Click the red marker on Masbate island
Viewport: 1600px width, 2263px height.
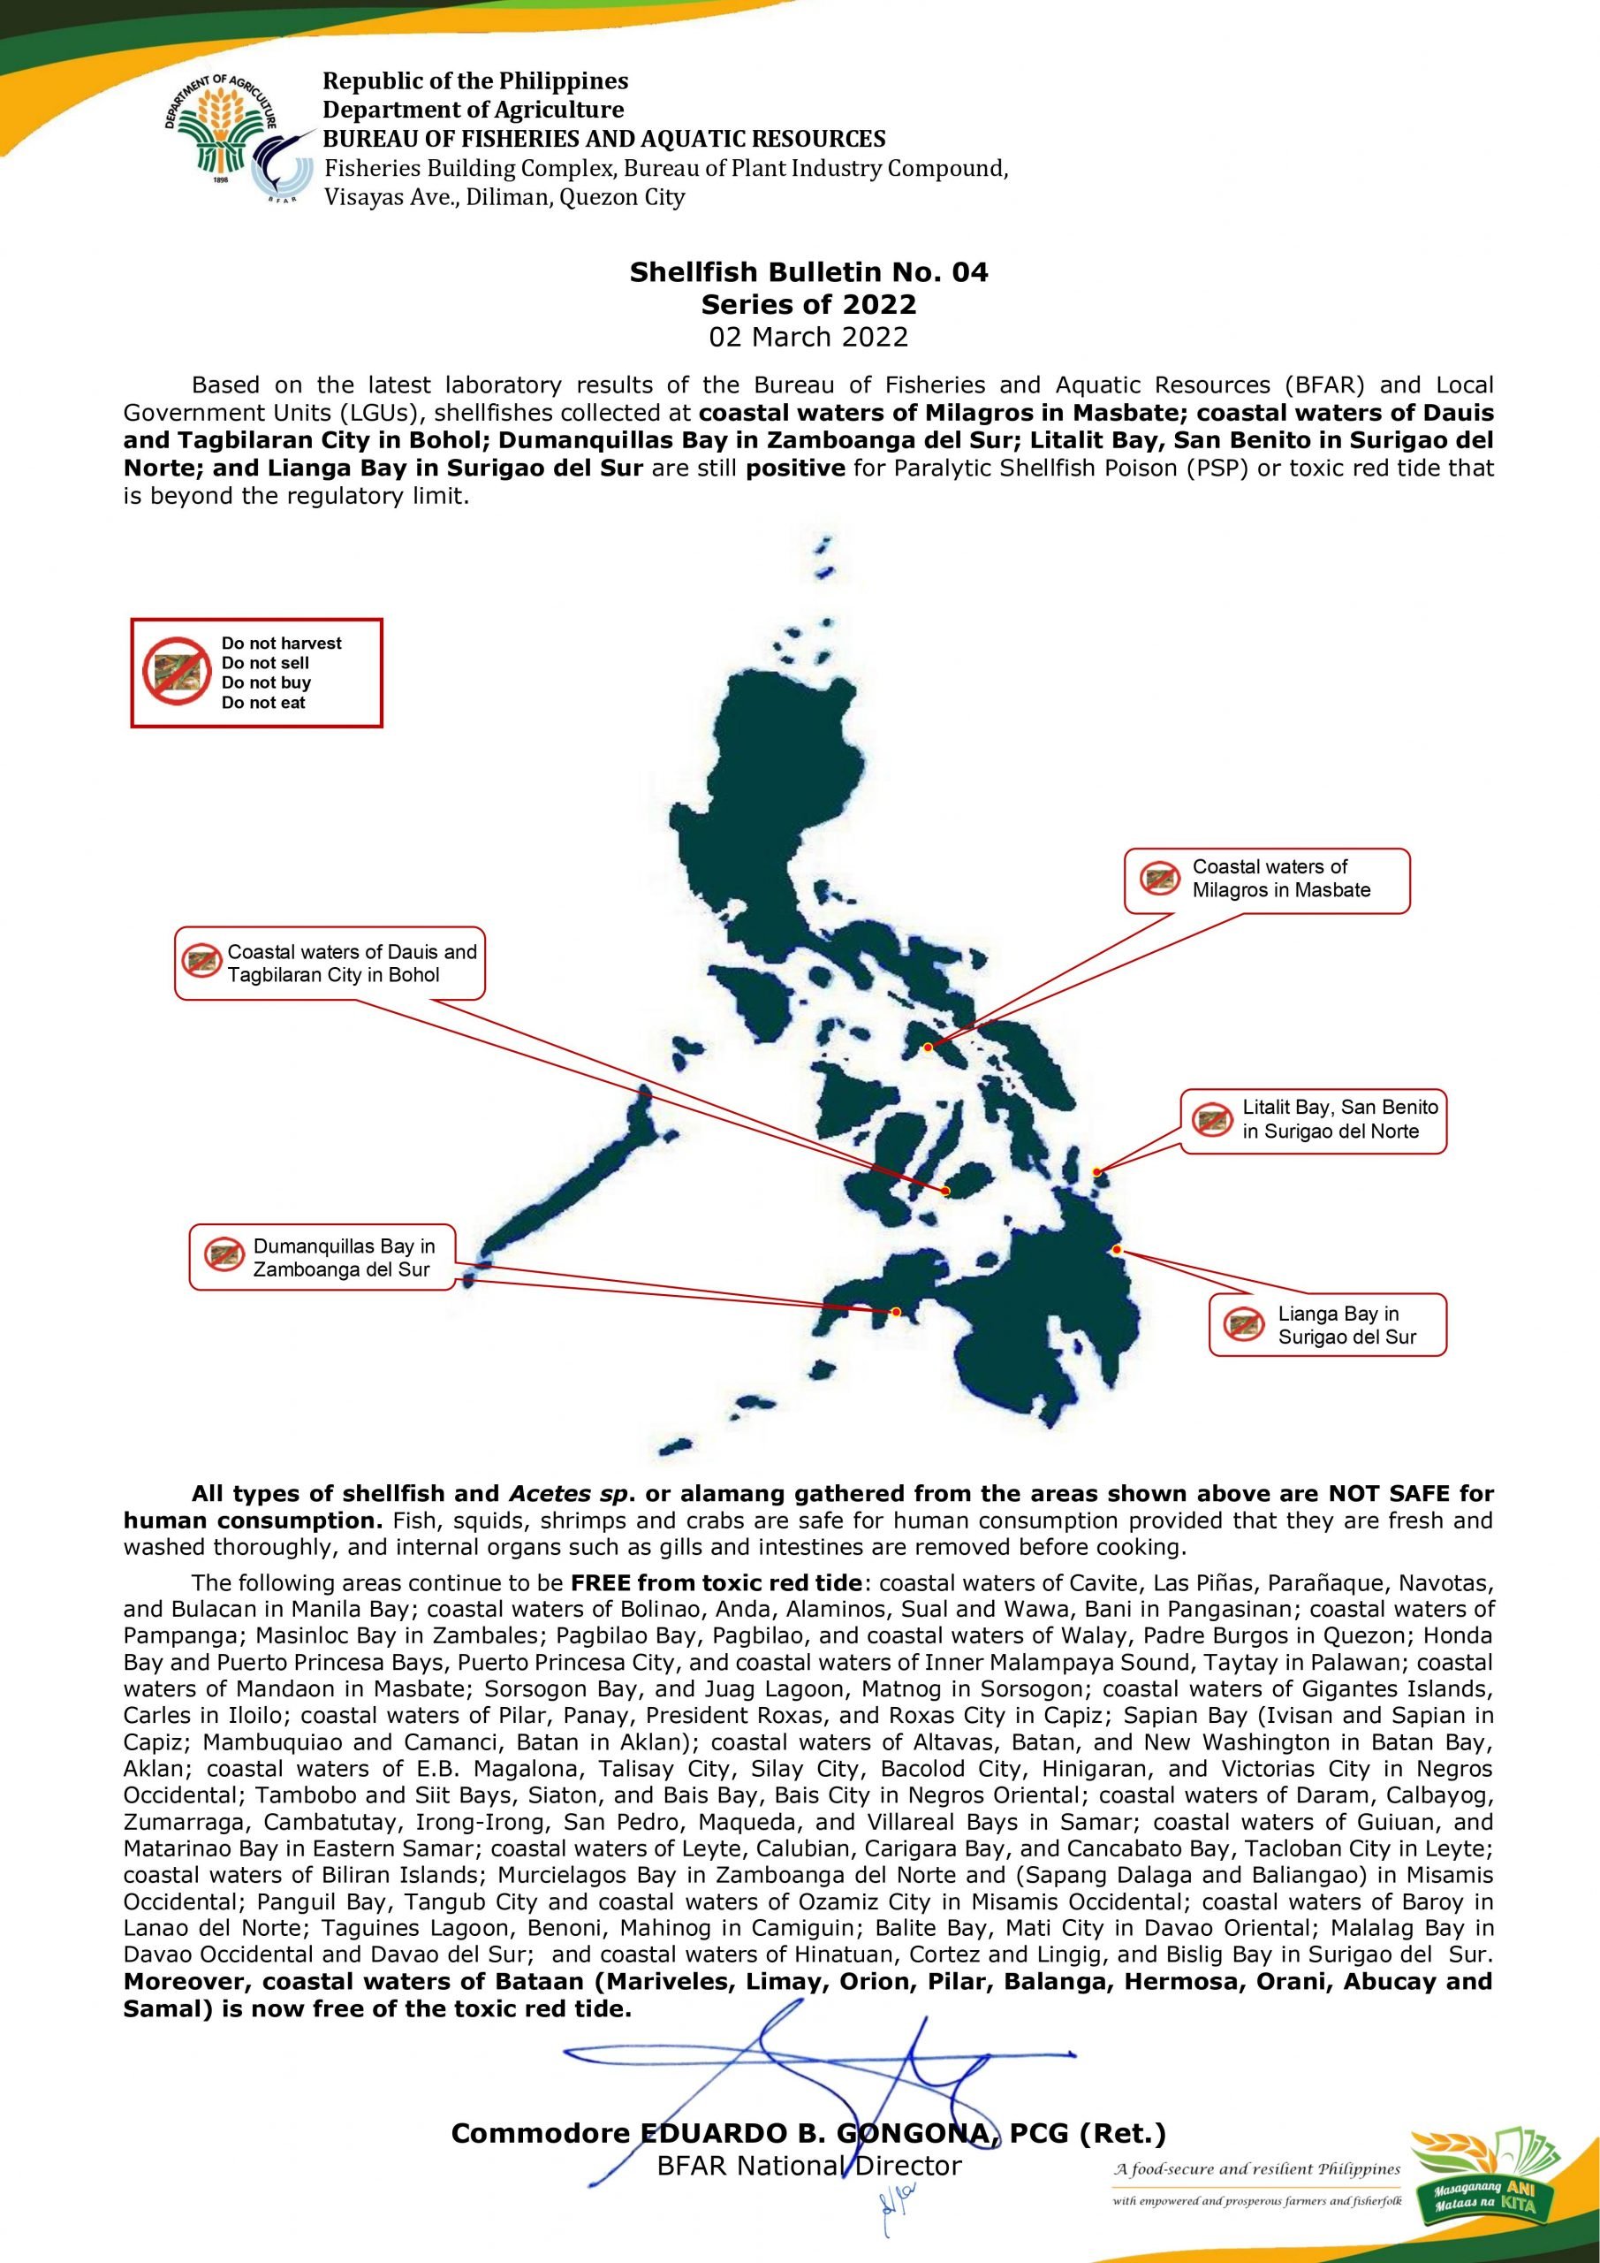pos(928,1047)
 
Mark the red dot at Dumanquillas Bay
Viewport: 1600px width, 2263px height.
pos(896,1312)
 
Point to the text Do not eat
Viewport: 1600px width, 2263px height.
pos(263,703)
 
